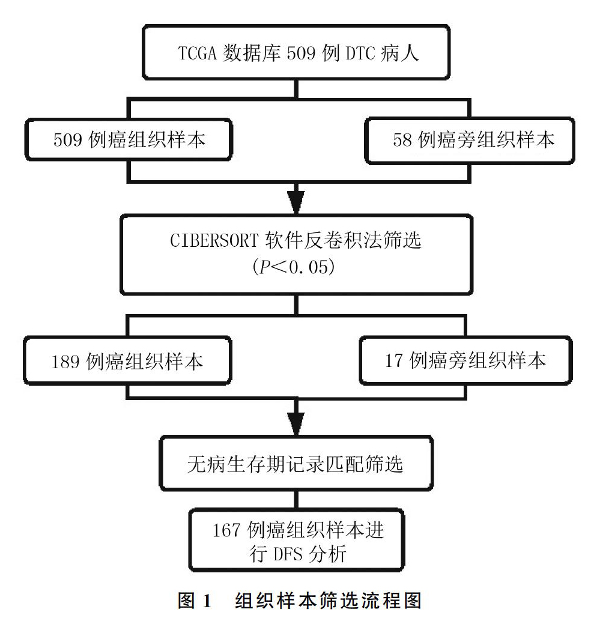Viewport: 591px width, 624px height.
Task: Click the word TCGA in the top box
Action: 197,53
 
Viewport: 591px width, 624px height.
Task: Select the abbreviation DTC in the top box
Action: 360,53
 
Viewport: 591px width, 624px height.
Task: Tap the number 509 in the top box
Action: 302,53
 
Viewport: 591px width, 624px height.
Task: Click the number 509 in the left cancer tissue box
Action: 68,140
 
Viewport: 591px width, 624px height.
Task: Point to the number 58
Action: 402,140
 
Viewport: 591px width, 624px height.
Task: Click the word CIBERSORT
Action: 214,240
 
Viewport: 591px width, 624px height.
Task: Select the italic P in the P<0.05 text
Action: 265,267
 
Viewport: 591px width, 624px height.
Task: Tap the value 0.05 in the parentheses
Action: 308,267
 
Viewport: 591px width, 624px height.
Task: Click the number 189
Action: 65,362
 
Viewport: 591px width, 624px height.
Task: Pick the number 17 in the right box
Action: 394,360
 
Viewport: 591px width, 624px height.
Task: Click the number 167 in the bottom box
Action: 226,530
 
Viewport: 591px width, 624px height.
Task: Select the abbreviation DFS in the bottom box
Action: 288,554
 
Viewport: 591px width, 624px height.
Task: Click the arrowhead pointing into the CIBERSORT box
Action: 296,202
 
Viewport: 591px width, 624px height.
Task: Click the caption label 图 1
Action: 194,600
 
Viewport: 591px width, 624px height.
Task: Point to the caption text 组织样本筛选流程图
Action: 328,600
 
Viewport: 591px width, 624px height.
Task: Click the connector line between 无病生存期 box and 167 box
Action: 296,500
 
